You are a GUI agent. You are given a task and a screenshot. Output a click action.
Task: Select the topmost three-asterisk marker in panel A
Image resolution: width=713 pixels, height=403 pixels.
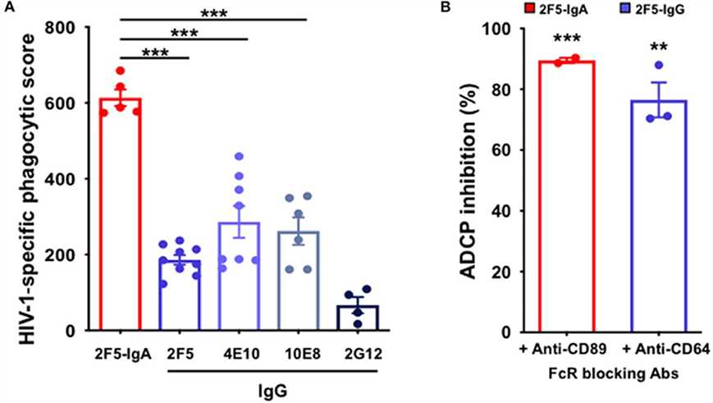click(215, 12)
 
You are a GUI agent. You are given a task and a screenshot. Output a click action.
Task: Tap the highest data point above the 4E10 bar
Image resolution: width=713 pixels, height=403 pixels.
click(239, 156)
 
